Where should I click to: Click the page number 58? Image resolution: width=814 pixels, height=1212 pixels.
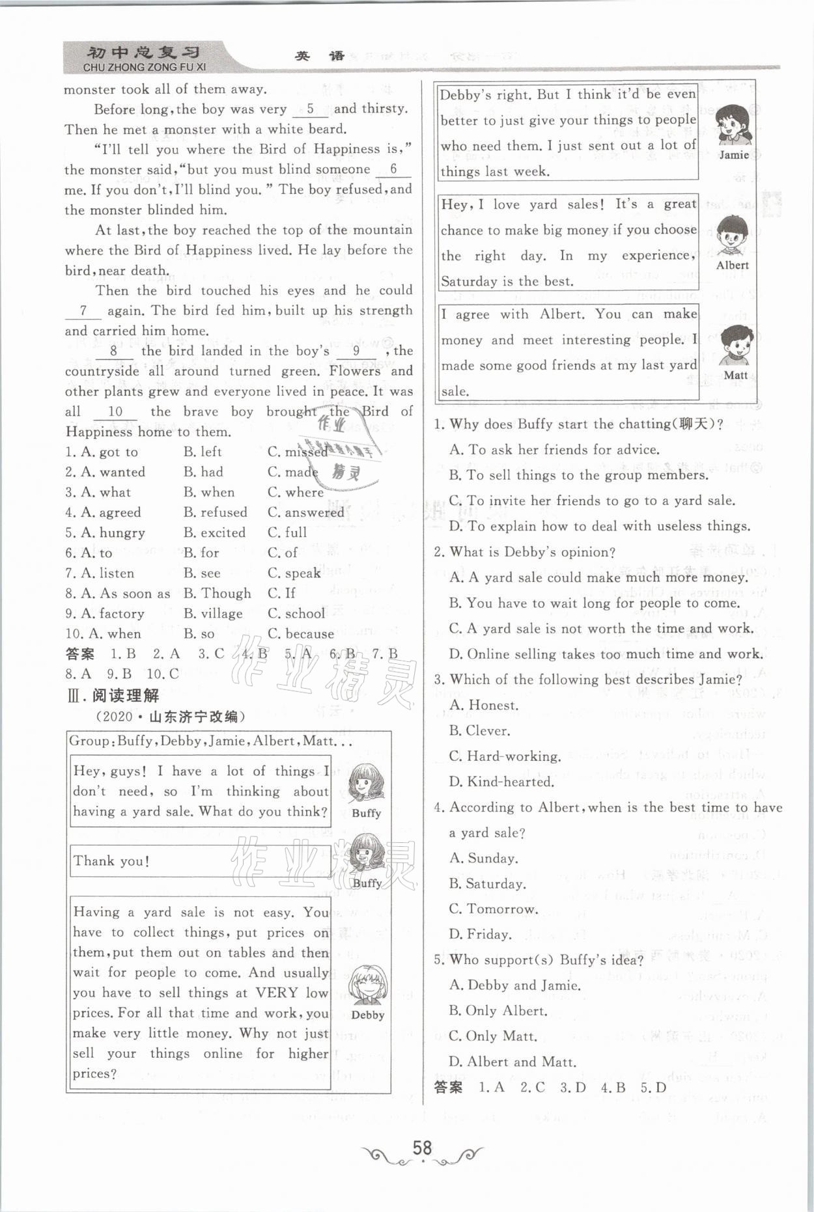point(422,1148)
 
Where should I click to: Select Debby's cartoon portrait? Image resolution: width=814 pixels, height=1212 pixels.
point(367,985)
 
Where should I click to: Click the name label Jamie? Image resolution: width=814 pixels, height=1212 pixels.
point(733,156)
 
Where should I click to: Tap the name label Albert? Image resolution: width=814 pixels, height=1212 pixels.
point(732,266)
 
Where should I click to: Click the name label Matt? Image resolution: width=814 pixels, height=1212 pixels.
point(735,375)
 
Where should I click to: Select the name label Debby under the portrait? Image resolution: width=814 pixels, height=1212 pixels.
point(368,1015)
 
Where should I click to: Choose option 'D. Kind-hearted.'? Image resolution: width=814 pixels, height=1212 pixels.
point(501,782)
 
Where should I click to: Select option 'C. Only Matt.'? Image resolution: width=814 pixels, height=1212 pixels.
point(492,1036)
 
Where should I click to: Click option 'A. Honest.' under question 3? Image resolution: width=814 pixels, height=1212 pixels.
point(483,706)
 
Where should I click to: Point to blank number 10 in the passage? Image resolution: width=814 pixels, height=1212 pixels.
point(115,412)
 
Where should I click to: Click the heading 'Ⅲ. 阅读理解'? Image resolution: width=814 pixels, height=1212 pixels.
point(113,696)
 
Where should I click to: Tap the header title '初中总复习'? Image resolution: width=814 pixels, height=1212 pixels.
point(143,53)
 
